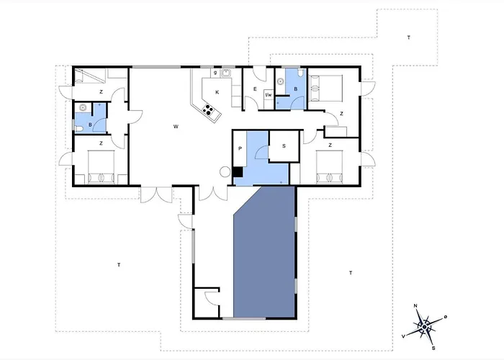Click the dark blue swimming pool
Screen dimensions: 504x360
point(264,254)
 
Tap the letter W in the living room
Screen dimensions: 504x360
point(176,127)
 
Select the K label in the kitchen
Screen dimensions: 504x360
point(217,92)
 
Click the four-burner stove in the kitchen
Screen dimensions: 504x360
point(208,109)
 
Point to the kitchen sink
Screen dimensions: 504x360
point(226,73)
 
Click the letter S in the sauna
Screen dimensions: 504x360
point(284,146)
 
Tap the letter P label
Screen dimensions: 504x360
point(240,148)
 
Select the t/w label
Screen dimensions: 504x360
point(269,95)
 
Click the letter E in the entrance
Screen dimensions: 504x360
point(255,89)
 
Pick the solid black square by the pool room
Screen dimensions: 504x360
point(238,172)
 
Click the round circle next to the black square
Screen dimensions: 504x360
point(225,172)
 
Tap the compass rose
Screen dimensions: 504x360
point(425,327)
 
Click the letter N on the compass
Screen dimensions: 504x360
point(415,306)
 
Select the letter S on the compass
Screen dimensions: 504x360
point(433,348)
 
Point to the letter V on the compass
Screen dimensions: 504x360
point(403,336)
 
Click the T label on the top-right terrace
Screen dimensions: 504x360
point(409,37)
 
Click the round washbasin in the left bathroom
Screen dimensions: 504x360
point(84,108)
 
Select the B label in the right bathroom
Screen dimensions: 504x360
point(296,89)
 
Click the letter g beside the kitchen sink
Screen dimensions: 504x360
point(215,73)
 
